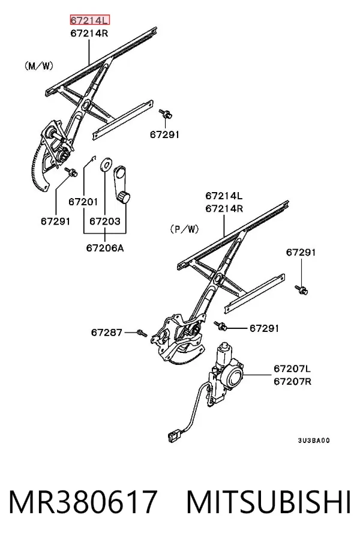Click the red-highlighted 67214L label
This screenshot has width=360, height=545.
pos(89,20)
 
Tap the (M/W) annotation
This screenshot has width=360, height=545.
pos(39,65)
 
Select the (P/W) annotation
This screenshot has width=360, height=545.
pos(184,229)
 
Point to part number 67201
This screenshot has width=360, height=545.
pos(83,202)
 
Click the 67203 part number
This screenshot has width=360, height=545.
pos(105,221)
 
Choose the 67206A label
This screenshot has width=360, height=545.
pos(105,248)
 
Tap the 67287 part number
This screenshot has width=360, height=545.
pos(107,333)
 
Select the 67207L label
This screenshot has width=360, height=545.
pos(292,369)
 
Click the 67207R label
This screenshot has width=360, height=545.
pos(292,381)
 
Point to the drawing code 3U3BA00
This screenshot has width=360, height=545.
pos(314,441)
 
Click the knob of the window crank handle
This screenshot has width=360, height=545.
pos(124,197)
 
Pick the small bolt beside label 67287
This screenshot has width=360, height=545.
pos(142,333)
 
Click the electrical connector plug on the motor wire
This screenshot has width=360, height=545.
pos(173,436)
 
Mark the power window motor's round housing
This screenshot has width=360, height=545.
pos(233,376)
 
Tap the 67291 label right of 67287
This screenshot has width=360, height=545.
pos(264,328)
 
